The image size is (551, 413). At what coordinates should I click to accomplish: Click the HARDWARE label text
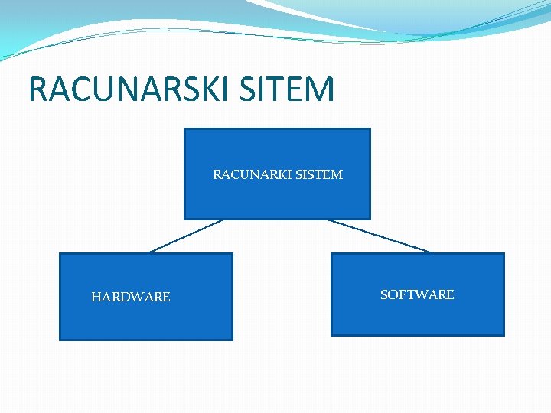[131, 297]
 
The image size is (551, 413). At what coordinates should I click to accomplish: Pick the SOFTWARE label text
[417, 294]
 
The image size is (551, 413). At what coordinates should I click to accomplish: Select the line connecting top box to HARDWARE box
[185, 236]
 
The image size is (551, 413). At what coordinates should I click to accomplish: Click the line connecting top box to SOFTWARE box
[380, 236]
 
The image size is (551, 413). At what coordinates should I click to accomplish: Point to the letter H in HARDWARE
[96, 297]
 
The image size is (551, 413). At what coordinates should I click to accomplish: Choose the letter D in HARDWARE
[125, 297]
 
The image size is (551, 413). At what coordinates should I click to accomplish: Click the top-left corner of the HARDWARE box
[60, 254]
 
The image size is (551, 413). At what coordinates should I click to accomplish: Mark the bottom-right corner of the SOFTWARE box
[504, 335]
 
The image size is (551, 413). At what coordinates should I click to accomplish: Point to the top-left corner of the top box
[184, 129]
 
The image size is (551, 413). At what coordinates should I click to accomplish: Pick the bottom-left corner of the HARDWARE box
[60, 339]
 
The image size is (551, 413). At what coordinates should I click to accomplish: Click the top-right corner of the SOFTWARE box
[504, 254]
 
